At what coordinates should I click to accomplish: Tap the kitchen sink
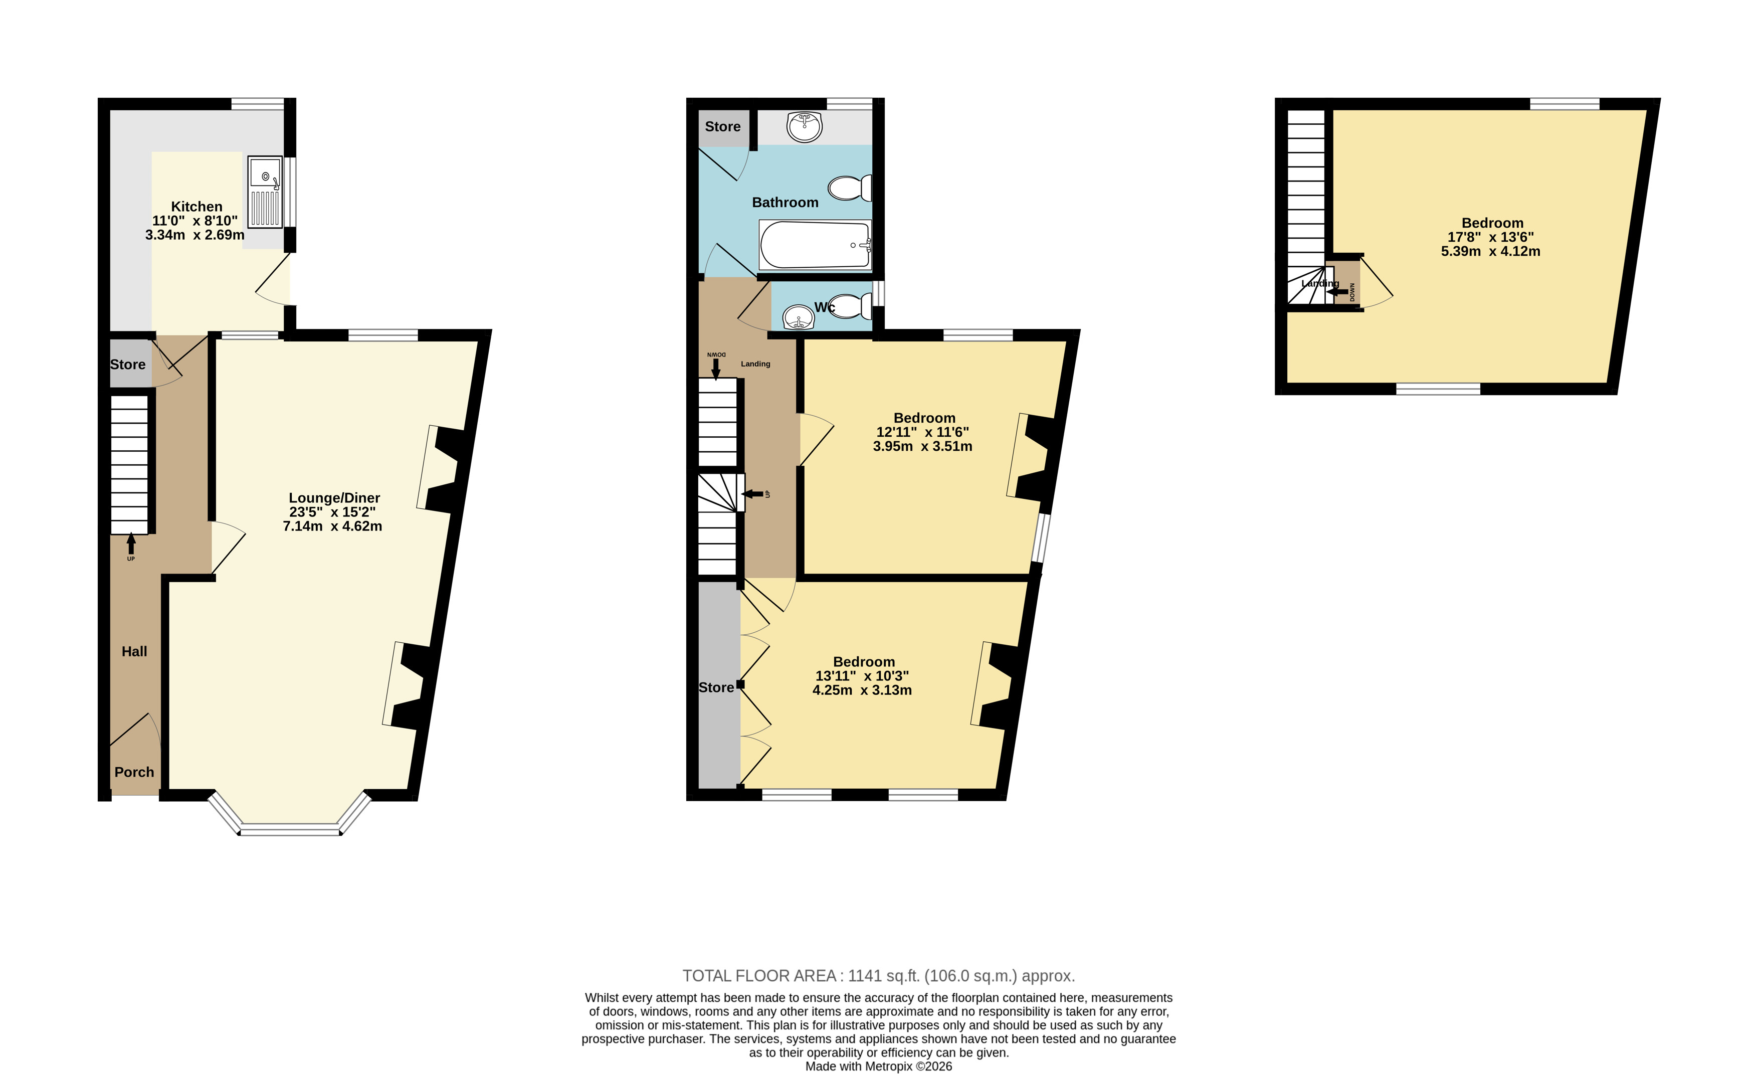click(x=265, y=191)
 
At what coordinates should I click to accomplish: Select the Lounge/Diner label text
click(x=335, y=498)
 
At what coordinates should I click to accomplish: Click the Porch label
click(x=134, y=772)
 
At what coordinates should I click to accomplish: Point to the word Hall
click(x=134, y=651)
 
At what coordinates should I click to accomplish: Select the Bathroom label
click(x=786, y=203)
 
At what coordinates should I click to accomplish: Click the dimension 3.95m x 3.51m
click(x=922, y=447)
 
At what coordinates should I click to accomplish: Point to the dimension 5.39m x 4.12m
click(x=1490, y=251)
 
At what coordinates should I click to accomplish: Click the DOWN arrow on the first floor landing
click(x=716, y=368)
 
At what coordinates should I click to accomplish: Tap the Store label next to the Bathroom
click(x=723, y=127)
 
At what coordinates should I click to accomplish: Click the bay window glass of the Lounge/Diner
click(x=290, y=829)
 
